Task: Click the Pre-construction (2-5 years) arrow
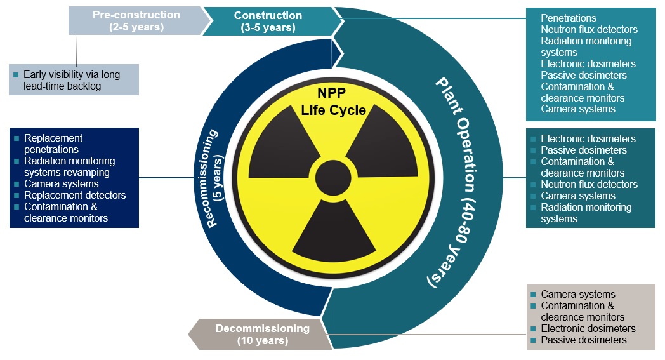(x=136, y=21)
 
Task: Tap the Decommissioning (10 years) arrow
(x=261, y=335)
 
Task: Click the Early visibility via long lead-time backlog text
(x=71, y=80)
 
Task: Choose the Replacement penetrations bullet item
(x=53, y=143)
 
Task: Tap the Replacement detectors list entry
(x=75, y=195)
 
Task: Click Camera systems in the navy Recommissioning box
(x=61, y=183)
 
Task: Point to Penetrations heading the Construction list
(x=569, y=18)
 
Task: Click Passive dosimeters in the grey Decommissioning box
(x=583, y=340)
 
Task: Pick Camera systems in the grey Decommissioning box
(x=577, y=294)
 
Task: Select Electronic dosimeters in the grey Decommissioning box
(x=588, y=328)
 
